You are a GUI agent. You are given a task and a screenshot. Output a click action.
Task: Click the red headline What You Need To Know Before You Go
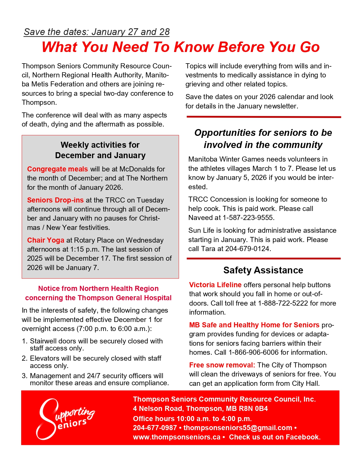click(x=180, y=47)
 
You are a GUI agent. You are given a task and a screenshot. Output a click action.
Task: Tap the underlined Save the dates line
click(x=97, y=32)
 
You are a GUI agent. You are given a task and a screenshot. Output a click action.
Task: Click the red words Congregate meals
click(x=57, y=169)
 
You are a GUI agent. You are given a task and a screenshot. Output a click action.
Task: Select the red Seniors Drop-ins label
click(x=55, y=200)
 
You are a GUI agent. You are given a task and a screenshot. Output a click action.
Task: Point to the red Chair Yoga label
click(x=46, y=240)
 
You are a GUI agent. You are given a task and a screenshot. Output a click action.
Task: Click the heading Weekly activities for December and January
click(x=100, y=150)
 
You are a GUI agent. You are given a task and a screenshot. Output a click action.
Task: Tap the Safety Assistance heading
click(x=263, y=270)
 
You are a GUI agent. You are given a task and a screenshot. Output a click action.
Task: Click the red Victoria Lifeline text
click(x=215, y=285)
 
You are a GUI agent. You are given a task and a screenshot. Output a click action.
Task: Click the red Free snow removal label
click(x=222, y=365)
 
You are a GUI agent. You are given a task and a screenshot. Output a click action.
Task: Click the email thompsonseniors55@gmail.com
click(x=238, y=428)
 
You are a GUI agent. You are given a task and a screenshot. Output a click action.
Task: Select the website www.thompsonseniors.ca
click(x=176, y=437)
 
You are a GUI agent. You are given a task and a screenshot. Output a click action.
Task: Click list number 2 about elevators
click(x=95, y=362)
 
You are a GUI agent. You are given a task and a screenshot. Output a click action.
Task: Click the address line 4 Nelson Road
click(x=200, y=408)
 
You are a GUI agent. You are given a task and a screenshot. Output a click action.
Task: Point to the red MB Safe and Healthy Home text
click(x=254, y=325)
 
